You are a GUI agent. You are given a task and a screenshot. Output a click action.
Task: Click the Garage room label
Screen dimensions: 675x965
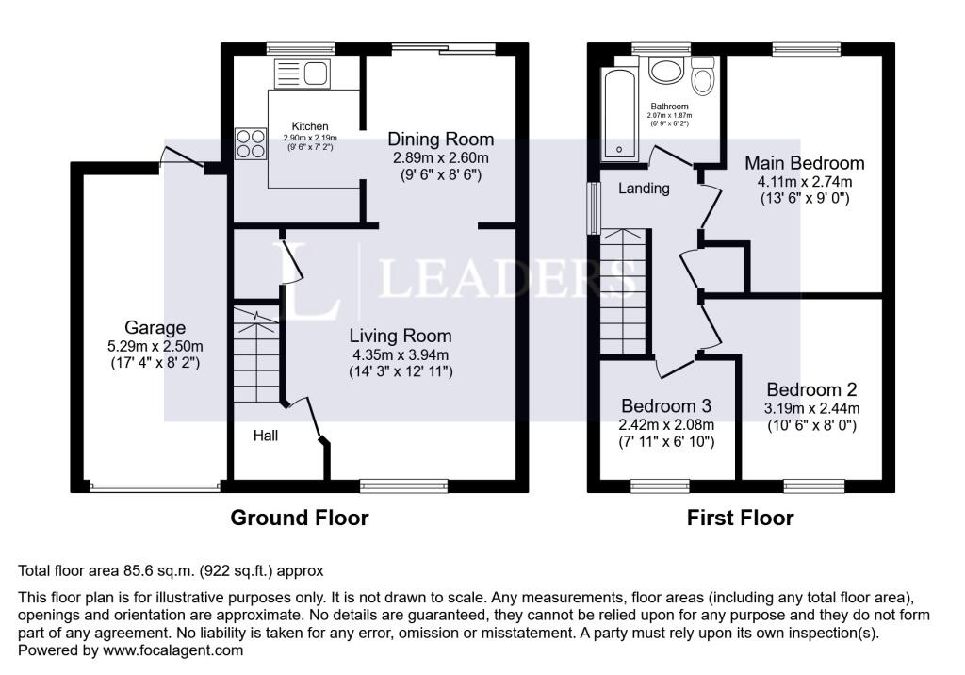155,328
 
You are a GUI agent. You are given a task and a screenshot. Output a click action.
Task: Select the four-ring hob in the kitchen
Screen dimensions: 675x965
250,143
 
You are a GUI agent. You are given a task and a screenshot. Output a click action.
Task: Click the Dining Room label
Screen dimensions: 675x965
441,140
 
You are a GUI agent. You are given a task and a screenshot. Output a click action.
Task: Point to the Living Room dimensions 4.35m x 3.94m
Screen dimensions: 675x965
401,354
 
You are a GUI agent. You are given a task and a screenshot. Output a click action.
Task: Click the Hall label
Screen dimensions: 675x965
265,436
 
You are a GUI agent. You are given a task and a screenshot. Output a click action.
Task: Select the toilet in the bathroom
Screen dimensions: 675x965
702,75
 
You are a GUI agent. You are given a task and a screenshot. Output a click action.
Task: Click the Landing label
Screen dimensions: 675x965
644,189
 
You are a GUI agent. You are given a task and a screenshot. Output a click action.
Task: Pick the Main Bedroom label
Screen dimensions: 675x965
804,163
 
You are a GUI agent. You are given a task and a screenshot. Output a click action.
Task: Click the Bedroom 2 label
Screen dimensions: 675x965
811,389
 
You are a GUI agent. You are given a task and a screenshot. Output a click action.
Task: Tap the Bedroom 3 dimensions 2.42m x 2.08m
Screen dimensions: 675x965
665,424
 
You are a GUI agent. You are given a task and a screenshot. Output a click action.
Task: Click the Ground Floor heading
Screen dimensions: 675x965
300,518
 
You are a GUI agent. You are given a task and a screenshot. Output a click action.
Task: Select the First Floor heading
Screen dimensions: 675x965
740,518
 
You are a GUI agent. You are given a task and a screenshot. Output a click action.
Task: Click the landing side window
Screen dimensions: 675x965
593,206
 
